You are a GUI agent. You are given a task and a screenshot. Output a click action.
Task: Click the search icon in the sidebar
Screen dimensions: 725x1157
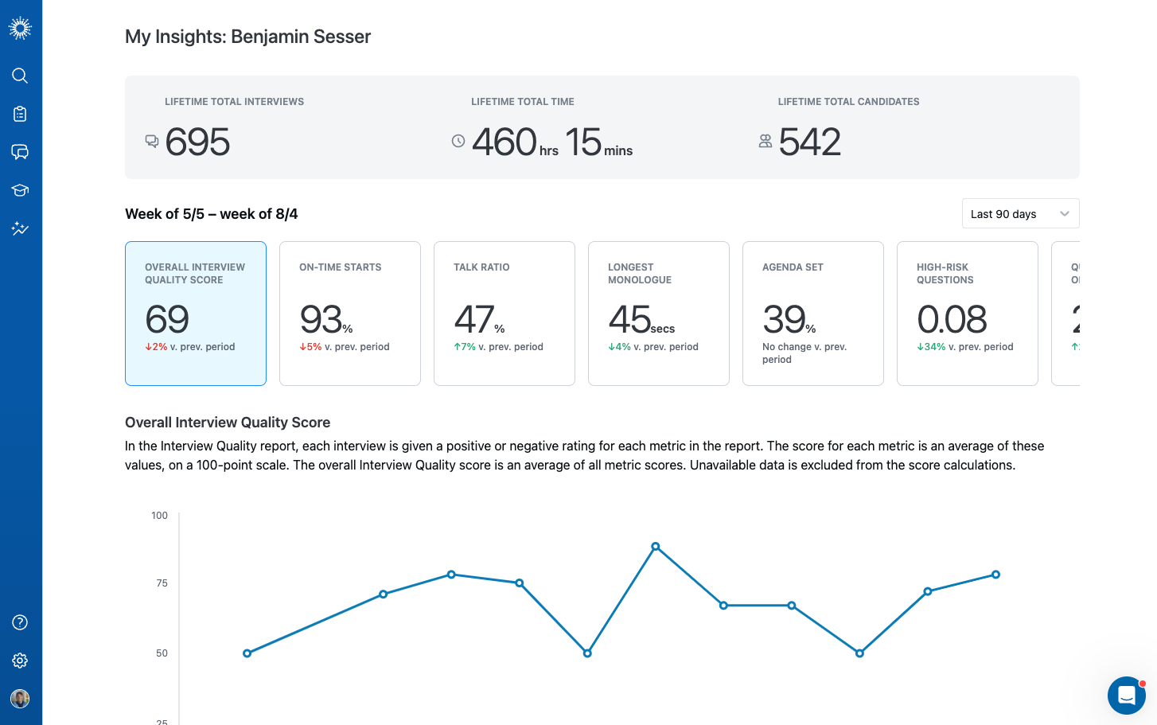20,76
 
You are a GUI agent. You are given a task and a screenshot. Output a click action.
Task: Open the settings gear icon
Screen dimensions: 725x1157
20,661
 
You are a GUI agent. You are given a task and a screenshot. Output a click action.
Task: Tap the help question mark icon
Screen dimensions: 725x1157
20,622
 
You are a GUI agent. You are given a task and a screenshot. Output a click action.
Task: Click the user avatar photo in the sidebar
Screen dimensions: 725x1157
20,699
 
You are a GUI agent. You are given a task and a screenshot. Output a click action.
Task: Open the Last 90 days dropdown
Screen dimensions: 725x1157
1020,213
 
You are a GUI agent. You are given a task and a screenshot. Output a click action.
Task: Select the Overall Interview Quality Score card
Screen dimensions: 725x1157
196,314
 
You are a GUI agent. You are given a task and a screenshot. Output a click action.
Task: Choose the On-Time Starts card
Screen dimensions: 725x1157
350,314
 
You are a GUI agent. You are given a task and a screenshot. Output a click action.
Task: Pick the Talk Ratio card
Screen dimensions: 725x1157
504,314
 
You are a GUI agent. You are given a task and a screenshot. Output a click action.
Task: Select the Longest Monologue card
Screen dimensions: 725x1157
659,314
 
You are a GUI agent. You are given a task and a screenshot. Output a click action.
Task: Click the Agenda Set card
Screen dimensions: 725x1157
813,314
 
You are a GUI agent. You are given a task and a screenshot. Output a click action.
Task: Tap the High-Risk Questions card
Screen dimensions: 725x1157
968,314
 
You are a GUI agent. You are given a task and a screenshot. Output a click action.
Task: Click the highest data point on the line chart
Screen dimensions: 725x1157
656,547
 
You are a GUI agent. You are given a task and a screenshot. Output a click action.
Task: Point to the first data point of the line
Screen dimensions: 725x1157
247,653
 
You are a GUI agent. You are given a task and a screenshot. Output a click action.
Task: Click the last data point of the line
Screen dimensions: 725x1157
995,575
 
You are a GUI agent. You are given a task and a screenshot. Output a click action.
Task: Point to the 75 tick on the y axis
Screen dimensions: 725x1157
162,583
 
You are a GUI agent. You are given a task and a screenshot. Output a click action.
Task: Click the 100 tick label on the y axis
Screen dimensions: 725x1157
160,516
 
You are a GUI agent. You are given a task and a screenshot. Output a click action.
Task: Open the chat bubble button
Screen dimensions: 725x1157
1126,696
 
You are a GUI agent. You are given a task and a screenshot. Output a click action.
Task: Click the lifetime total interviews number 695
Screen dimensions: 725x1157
198,142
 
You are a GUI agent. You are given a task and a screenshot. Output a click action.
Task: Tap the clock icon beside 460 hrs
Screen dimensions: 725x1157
458,141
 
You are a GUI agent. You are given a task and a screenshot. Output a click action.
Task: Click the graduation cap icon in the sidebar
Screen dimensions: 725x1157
20,190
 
